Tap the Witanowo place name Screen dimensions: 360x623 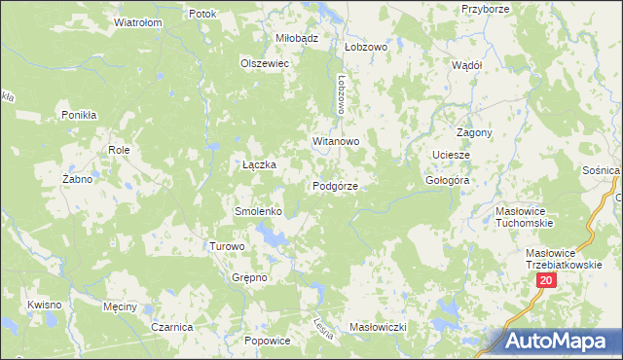click(x=337, y=141)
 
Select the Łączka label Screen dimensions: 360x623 click(x=259, y=164)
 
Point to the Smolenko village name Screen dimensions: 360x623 click(x=258, y=211)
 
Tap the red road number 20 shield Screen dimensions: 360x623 click(x=545, y=280)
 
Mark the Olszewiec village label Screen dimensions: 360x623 click(x=266, y=62)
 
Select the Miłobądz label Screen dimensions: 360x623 click(x=298, y=37)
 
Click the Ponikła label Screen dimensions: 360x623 click(x=79, y=115)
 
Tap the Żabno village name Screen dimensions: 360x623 click(x=77, y=179)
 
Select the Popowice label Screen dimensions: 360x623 click(x=268, y=341)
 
